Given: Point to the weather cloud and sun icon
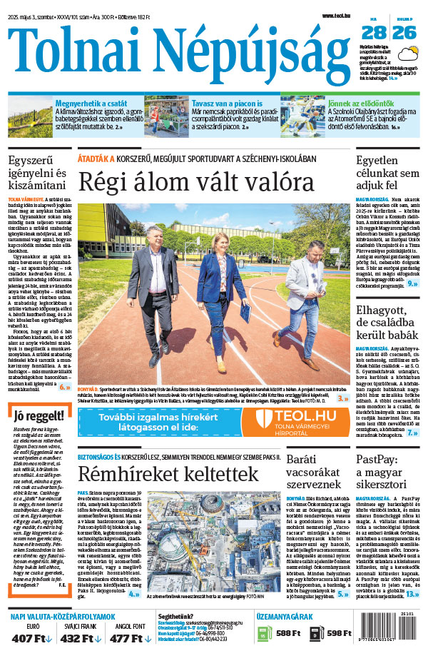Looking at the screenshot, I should (409, 54).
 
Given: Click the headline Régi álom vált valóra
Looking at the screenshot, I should (196, 181).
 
